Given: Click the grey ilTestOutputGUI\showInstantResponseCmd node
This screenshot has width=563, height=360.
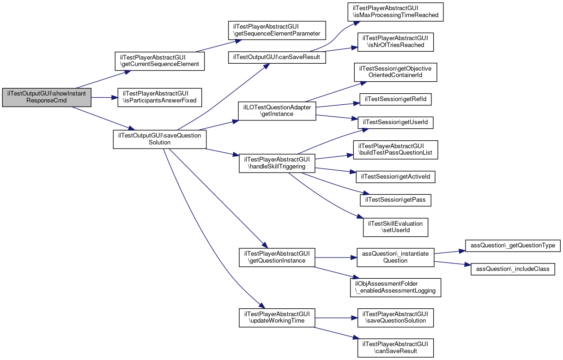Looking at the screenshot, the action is (x=47, y=97).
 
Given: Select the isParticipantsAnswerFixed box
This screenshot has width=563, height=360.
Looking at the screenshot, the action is (x=160, y=97).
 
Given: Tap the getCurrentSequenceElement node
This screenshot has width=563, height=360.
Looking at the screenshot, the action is (x=160, y=61).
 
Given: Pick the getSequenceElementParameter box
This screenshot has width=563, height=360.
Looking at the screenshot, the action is (x=277, y=30).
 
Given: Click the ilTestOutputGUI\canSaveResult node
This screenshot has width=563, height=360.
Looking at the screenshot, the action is (x=277, y=58).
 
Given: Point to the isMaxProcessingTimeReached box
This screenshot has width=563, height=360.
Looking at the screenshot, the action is (x=396, y=12).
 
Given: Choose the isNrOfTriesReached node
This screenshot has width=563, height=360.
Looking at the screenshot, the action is (x=396, y=42).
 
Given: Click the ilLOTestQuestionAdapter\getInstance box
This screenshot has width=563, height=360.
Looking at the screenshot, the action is (x=277, y=111).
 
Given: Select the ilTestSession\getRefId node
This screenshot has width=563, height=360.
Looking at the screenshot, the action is (x=396, y=99).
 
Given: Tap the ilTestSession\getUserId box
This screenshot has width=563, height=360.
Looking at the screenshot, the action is (x=396, y=123).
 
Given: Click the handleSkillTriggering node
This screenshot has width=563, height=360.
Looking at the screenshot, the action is (x=277, y=163).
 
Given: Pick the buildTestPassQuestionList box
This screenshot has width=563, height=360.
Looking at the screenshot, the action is (x=396, y=150).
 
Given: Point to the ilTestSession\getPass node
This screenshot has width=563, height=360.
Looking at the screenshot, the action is (x=396, y=200).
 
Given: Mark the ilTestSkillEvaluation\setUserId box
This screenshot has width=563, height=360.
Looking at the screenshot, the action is (x=396, y=227).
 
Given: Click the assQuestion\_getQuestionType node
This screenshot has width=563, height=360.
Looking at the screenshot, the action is (x=513, y=246).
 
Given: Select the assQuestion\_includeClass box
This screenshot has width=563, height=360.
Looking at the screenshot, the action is (x=513, y=269).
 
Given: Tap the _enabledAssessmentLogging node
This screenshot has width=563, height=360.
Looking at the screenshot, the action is (x=396, y=288).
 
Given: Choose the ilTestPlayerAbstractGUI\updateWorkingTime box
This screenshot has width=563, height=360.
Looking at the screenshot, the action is (x=277, y=318).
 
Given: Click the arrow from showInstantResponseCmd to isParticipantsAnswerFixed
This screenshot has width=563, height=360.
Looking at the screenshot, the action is (x=104, y=97).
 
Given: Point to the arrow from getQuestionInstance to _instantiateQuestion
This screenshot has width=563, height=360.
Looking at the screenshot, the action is (x=336, y=258).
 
